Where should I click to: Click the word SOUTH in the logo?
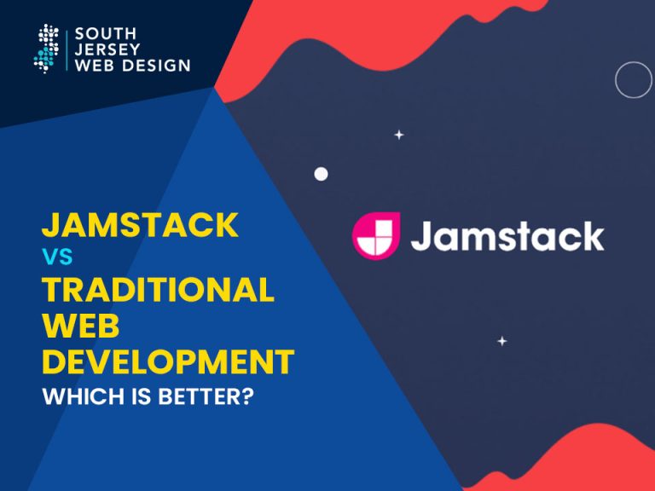pyautogui.click(x=102, y=35)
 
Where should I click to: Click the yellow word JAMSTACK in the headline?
pyautogui.click(x=140, y=225)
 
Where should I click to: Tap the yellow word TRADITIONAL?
pyautogui.click(x=158, y=290)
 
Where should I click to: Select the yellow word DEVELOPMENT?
pyautogui.click(x=168, y=361)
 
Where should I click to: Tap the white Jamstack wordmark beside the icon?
pyautogui.click(x=507, y=236)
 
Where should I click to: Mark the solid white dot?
pyautogui.click(x=321, y=174)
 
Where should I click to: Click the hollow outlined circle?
pyautogui.click(x=633, y=80)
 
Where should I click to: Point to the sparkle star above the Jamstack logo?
pyautogui.click(x=398, y=135)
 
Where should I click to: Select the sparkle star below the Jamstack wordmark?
pyautogui.click(x=502, y=341)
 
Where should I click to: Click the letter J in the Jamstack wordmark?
pyautogui.click(x=421, y=236)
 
